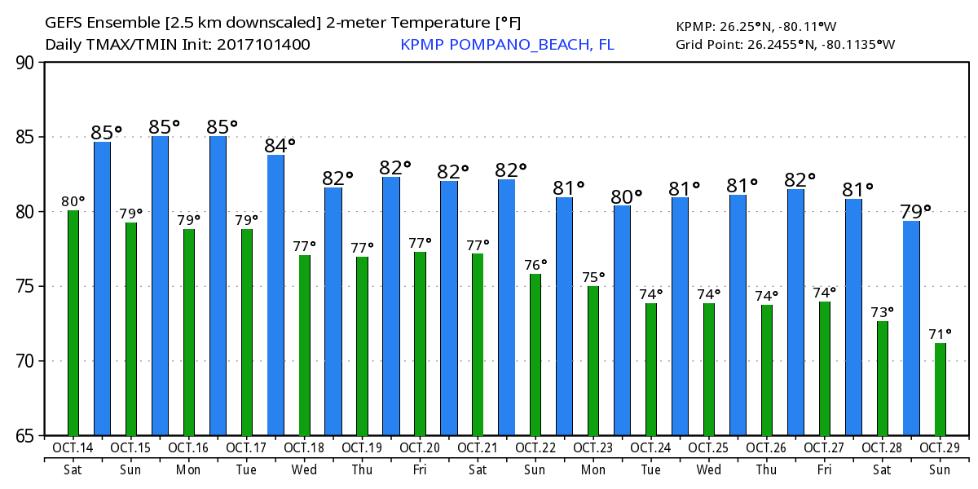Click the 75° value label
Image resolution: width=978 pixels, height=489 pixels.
(594, 276)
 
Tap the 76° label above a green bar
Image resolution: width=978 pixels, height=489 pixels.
(536, 264)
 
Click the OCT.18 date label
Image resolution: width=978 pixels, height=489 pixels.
(305, 448)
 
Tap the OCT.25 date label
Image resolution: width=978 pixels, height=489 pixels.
(709, 448)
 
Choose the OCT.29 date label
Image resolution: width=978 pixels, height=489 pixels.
(941, 448)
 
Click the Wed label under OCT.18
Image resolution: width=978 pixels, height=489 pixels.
(305, 470)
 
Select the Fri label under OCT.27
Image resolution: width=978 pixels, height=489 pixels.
(825, 470)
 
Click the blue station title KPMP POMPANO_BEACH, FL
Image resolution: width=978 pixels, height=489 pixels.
(507, 45)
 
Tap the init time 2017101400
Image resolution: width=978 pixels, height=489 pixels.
(262, 45)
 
